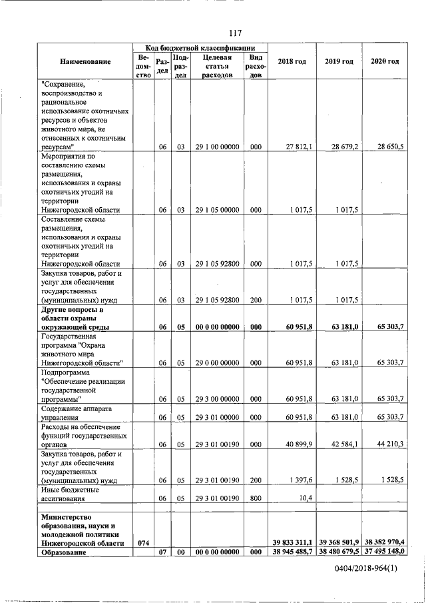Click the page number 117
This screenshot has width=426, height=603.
pyautogui.click(x=234, y=33)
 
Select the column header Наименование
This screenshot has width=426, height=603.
pyautogui.click(x=85, y=62)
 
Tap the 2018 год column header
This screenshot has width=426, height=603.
pyautogui.click(x=292, y=62)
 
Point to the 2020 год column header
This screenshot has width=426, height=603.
pyautogui.click(x=384, y=62)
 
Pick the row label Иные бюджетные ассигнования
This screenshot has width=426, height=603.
pyautogui.click(x=67, y=494)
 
